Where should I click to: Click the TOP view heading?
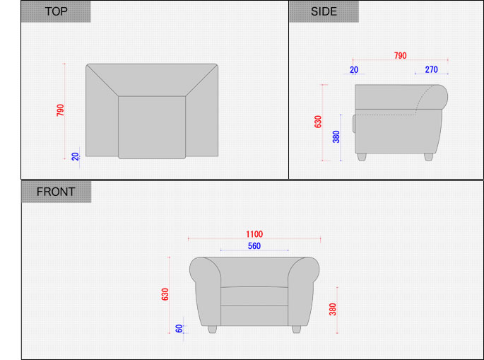(57, 11)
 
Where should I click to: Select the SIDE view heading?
(324, 11)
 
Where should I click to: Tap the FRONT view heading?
(56, 192)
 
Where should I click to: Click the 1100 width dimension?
(254, 234)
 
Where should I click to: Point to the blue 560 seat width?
(254, 246)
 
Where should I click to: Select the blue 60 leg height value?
(179, 328)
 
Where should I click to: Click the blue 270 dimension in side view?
(431, 69)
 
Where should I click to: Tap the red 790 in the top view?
(60, 110)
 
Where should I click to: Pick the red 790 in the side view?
(401, 56)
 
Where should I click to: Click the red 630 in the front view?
(165, 294)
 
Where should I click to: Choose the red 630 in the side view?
(318, 122)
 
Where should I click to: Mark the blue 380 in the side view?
(336, 137)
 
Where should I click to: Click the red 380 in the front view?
(333, 309)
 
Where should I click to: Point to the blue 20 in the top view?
(76, 157)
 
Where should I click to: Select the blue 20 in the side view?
(354, 70)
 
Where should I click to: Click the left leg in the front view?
(212, 330)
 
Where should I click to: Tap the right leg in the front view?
(296, 330)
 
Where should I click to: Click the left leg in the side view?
(362, 157)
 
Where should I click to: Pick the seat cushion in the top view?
(152, 127)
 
